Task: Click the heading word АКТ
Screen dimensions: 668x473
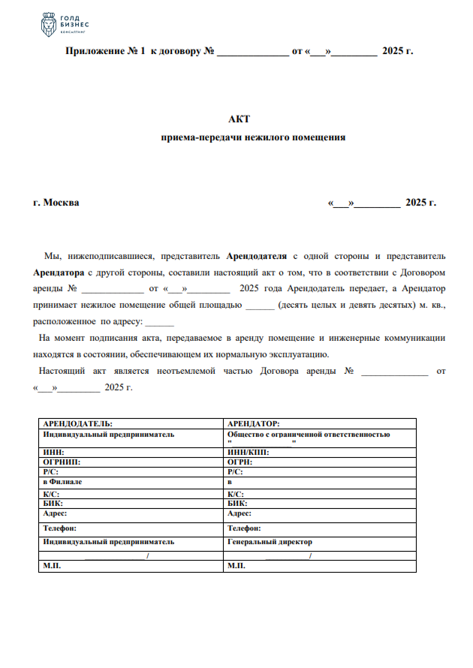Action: pyautogui.click(x=238, y=119)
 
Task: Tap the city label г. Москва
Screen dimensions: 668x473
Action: pyautogui.click(x=56, y=203)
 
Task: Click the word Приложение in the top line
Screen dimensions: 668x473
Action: pyautogui.click(x=94, y=51)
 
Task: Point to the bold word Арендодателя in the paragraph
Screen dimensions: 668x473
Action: pyautogui.click(x=257, y=256)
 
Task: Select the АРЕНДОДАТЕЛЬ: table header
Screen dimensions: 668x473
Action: pyautogui.click(x=78, y=424)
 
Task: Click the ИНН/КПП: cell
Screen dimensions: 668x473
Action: pyautogui.click(x=248, y=453)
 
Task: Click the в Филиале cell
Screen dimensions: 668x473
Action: pyautogui.click(x=62, y=481)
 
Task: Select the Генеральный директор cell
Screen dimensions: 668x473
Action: pyautogui.click(x=270, y=541)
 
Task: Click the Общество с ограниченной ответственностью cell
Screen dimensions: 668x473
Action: pyautogui.click(x=308, y=434)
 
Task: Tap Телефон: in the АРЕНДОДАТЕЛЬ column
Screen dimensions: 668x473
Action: pyautogui.click(x=60, y=528)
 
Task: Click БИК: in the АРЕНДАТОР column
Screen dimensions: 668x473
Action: pyautogui.click(x=236, y=503)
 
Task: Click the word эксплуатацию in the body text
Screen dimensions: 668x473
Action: pyautogui.click(x=312, y=354)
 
